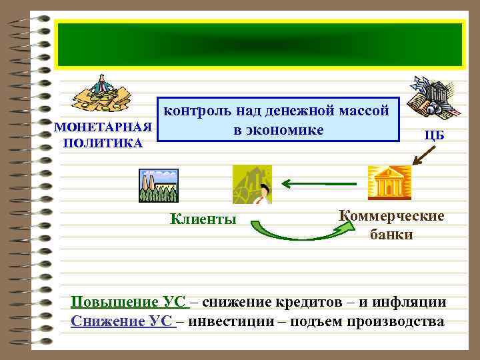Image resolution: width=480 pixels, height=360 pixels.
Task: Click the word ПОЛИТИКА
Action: [102, 143]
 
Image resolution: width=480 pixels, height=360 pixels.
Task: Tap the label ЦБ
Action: [434, 135]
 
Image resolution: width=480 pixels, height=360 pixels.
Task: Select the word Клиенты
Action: [203, 218]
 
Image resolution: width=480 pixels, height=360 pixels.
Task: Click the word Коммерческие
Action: [391, 217]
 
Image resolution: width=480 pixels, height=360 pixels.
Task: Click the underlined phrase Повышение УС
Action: [129, 301]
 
